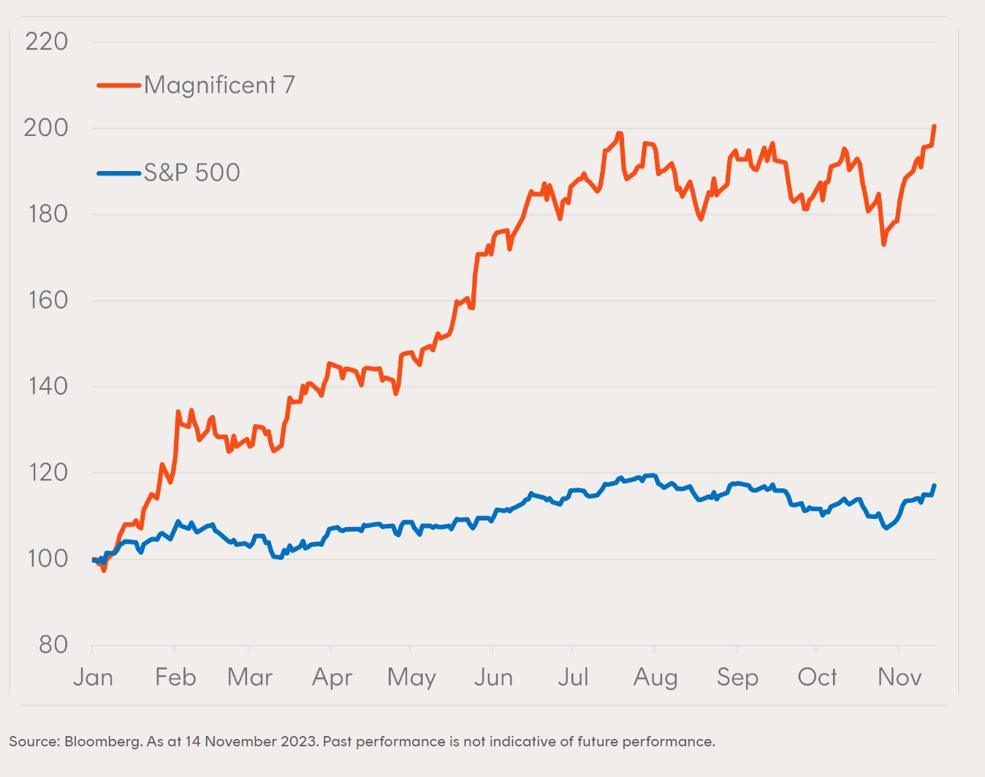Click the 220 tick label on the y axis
46,42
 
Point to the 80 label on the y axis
53,645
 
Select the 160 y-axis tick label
47,300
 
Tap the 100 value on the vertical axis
47,558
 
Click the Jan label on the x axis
93,678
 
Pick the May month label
411,678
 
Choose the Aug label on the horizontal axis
655,678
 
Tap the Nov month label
900,678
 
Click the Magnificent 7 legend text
219,86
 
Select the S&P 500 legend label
192,173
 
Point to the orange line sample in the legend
118,86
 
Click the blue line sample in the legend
118,173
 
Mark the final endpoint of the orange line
935,126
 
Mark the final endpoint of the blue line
935,485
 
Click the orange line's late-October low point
883,244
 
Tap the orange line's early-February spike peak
178,412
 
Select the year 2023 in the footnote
299,742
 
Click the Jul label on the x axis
573,678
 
